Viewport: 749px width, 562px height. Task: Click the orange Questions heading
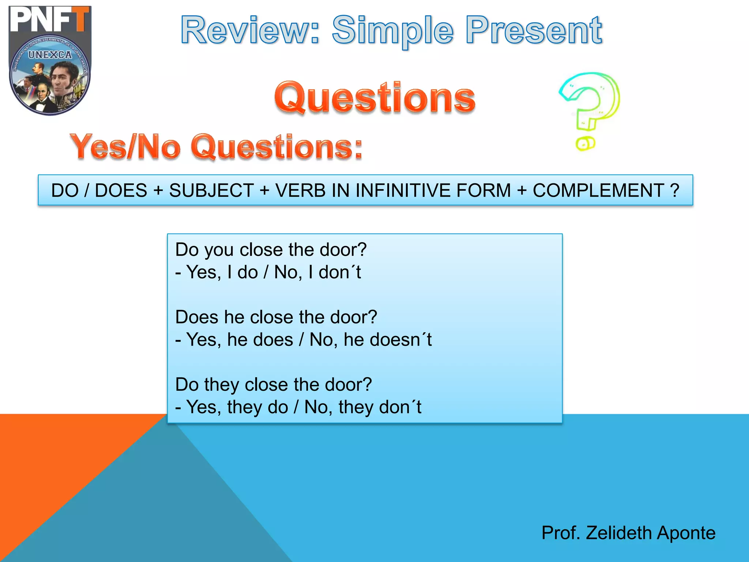coord(375,97)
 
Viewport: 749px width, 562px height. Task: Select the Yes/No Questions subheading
coord(216,147)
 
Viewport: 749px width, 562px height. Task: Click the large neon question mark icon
coord(590,102)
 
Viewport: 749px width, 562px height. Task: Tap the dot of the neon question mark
coord(585,143)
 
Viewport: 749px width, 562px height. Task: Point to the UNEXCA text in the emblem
coord(50,55)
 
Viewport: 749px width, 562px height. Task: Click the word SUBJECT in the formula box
coord(211,191)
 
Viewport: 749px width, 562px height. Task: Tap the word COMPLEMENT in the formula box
coord(598,191)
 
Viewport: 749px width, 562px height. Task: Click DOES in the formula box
coord(121,191)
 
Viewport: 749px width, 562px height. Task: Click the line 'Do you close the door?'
coord(271,250)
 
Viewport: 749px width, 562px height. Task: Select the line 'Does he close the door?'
coord(276,317)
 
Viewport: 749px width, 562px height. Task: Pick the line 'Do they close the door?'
coord(274,385)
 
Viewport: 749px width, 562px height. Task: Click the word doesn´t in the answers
coord(400,340)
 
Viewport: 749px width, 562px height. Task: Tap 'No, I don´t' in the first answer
coord(317,273)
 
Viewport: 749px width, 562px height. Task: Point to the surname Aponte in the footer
coord(686,533)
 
